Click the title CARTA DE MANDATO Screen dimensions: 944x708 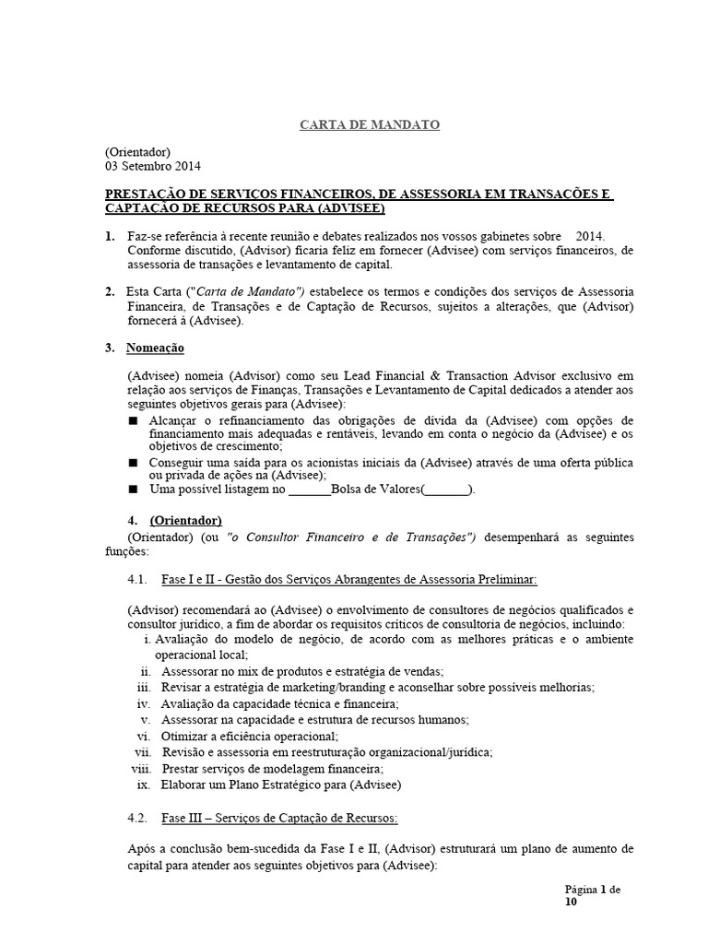point(369,125)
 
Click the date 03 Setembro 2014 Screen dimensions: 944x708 point(152,167)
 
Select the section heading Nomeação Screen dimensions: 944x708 point(155,348)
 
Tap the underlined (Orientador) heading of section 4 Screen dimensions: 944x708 point(185,520)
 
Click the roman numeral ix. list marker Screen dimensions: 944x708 point(142,785)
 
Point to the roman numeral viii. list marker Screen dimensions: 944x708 point(140,768)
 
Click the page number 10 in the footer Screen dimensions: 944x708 point(571,903)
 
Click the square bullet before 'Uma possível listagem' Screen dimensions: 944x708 point(133,490)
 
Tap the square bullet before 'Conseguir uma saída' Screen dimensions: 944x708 point(133,461)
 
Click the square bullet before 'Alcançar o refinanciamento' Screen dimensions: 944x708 point(133,420)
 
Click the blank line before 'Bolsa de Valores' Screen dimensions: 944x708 point(309,490)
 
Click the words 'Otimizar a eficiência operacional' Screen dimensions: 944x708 point(249,736)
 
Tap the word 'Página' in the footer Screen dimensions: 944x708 point(581,890)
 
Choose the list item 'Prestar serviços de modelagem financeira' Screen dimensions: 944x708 point(272,768)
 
